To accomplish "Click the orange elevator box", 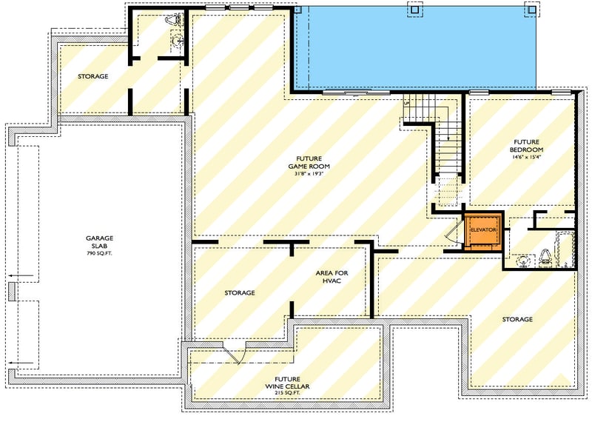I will tap(482, 231).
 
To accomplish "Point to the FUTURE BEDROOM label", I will tap(526, 145).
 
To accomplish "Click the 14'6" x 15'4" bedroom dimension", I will tap(526, 157).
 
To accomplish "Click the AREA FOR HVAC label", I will tap(332, 277).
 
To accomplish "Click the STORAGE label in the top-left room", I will tap(93, 76).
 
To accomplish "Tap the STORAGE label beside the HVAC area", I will tap(240, 293).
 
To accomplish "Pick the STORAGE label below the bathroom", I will tap(517, 319).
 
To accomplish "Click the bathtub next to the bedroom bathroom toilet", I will tap(567, 249).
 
